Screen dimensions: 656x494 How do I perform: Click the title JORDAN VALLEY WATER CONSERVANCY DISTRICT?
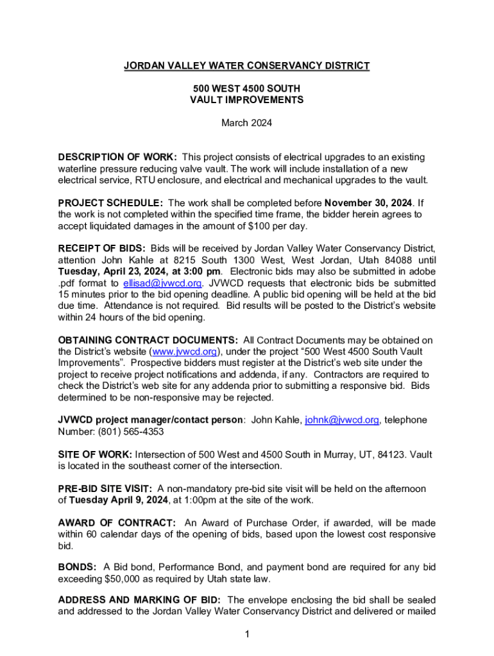point(246,65)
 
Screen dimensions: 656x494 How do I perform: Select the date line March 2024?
point(246,123)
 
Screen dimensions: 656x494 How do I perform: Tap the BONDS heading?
point(78,568)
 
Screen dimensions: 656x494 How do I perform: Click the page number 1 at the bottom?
point(246,635)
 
